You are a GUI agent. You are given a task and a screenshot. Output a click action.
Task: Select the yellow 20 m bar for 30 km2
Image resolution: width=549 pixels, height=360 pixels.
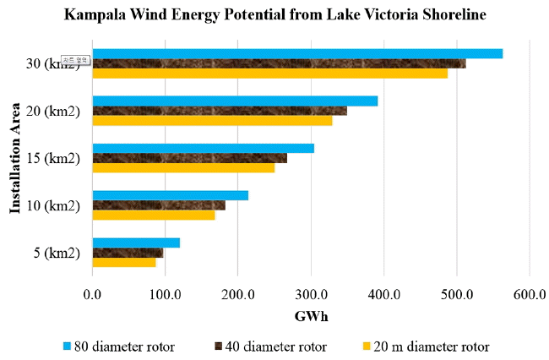(x=269, y=74)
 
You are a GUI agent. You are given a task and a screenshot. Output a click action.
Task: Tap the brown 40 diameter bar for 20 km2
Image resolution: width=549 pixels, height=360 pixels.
(x=219, y=111)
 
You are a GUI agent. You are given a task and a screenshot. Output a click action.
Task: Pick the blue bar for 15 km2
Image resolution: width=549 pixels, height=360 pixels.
(x=203, y=148)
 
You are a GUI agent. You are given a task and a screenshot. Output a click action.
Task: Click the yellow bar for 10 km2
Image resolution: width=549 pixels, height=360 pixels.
(x=153, y=215)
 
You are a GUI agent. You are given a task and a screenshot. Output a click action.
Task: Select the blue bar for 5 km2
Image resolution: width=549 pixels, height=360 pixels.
(x=135, y=243)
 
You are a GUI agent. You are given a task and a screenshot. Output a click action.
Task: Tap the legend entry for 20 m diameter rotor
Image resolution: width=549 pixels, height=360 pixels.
(x=426, y=346)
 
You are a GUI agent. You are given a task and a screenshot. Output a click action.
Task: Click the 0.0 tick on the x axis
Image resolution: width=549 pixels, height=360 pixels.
(x=93, y=294)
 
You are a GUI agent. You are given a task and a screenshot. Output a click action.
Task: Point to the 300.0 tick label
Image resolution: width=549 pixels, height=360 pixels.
(x=311, y=294)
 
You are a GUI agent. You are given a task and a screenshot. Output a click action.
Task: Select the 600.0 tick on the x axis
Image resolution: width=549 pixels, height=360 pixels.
(x=530, y=294)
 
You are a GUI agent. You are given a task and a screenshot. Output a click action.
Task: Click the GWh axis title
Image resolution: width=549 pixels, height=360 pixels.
(x=311, y=317)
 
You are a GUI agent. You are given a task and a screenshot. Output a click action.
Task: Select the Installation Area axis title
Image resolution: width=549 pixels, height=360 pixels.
(x=15, y=157)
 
